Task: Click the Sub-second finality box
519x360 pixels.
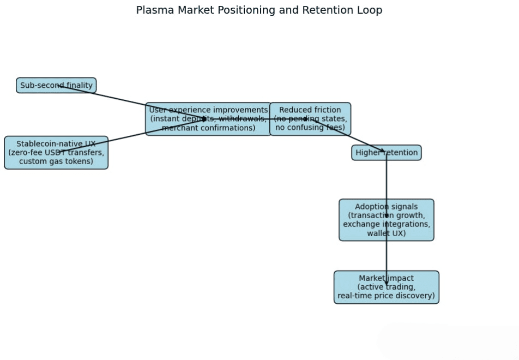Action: (x=56, y=86)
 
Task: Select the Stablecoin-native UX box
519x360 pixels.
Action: (x=56, y=153)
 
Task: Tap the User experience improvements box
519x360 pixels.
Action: (x=208, y=119)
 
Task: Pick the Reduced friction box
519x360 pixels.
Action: (x=310, y=119)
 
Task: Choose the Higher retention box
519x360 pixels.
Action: (x=387, y=153)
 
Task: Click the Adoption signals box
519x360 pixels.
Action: (x=387, y=220)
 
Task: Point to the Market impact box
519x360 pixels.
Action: (x=387, y=287)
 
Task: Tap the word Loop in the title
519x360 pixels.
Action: (x=370, y=10)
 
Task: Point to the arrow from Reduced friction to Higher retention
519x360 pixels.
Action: (x=349, y=136)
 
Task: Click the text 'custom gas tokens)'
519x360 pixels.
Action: (x=56, y=161)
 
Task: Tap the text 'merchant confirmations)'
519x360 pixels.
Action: (x=208, y=128)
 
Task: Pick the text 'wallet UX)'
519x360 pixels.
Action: (x=387, y=233)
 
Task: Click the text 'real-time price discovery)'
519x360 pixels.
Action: (x=387, y=296)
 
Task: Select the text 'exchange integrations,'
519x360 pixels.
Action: (x=387, y=224)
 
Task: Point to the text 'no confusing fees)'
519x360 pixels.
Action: (x=310, y=128)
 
